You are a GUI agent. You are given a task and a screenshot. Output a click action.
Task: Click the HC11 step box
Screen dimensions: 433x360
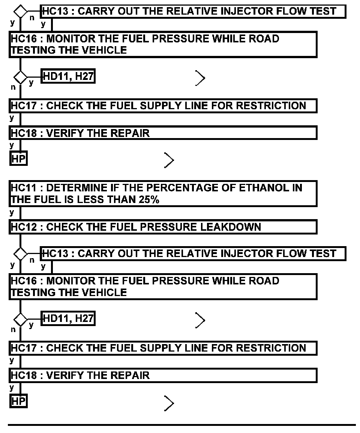(x=163, y=193)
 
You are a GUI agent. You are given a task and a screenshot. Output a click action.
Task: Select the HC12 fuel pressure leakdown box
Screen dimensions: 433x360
(x=163, y=227)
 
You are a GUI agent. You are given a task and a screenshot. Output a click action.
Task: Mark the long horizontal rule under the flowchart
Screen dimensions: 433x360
(x=182, y=425)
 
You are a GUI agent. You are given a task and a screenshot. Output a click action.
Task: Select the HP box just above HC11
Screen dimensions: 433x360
(x=18, y=159)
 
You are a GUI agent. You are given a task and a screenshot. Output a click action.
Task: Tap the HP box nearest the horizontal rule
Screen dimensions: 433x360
(x=18, y=401)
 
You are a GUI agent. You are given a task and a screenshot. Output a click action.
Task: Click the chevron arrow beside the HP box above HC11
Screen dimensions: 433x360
(x=169, y=161)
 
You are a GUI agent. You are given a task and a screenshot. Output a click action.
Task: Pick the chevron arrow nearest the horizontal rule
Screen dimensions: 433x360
(x=169, y=403)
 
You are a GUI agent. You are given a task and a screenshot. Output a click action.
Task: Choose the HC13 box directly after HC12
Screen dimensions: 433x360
(x=193, y=254)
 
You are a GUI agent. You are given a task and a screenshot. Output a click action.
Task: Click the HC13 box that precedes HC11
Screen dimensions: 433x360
(x=193, y=11)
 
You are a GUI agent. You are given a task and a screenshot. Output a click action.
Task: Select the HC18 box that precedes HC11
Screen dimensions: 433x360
(x=163, y=133)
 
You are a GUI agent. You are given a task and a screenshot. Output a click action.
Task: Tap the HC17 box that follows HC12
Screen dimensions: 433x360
(x=163, y=348)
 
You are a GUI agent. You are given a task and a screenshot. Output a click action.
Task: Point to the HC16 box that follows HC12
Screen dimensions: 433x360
(x=163, y=286)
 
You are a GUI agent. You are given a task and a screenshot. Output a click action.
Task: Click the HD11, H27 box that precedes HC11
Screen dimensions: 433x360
(x=68, y=77)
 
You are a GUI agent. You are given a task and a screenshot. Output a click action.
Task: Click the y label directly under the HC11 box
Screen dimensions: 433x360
(x=12, y=212)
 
